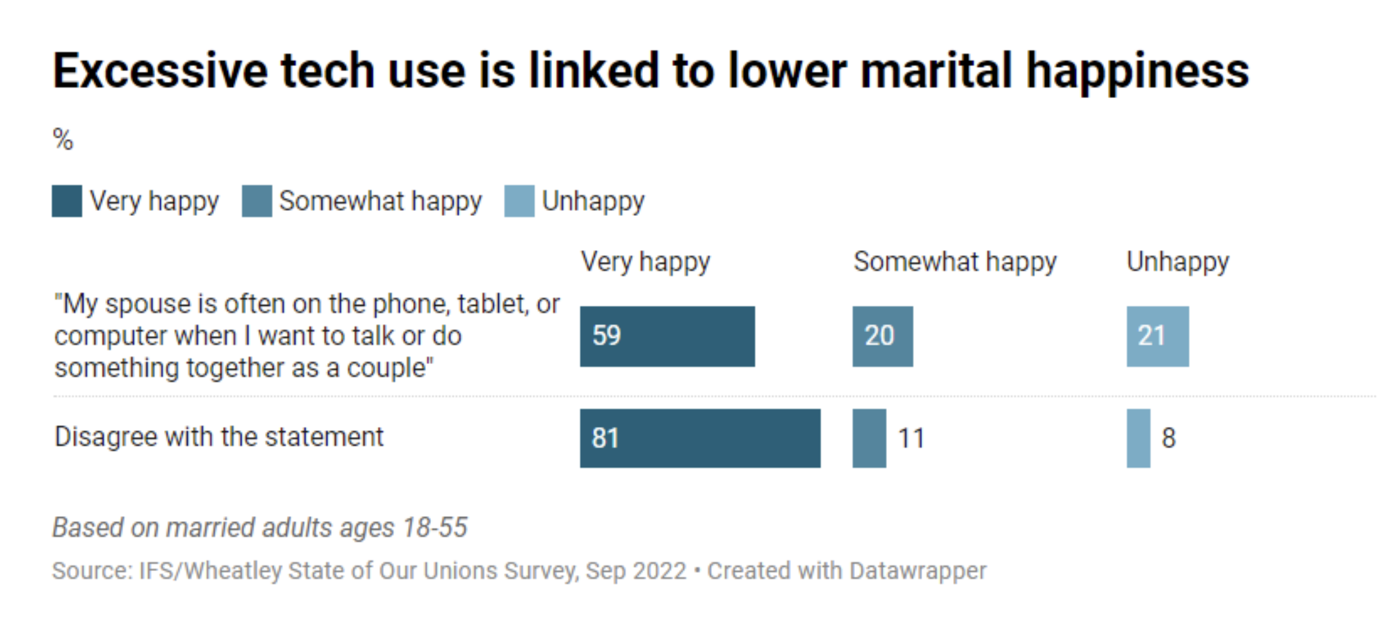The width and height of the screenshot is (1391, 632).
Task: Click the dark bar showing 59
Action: [667, 336]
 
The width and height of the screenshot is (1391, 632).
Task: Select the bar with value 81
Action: [700, 438]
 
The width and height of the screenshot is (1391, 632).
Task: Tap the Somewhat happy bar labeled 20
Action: [883, 336]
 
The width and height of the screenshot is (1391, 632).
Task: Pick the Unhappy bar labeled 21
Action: [1157, 336]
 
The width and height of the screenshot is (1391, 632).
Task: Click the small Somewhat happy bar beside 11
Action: [869, 438]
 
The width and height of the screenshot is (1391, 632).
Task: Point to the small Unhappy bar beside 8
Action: [1138, 438]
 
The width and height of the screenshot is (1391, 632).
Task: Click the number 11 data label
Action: [911, 438]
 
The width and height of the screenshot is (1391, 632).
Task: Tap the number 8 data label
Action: [1169, 438]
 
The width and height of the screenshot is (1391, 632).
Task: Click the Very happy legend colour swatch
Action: [67, 201]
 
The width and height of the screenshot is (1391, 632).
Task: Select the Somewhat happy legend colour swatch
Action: [257, 201]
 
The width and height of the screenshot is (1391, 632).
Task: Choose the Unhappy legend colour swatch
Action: [519, 201]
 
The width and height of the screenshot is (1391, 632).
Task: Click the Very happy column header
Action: [646, 262]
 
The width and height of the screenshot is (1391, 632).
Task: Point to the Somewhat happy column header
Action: [955, 262]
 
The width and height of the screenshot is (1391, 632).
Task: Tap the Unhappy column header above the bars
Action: [1178, 262]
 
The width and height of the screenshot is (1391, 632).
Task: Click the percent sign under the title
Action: [63, 139]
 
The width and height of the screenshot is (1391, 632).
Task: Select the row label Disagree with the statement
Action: [219, 437]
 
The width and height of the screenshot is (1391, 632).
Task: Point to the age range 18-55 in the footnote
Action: [435, 528]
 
